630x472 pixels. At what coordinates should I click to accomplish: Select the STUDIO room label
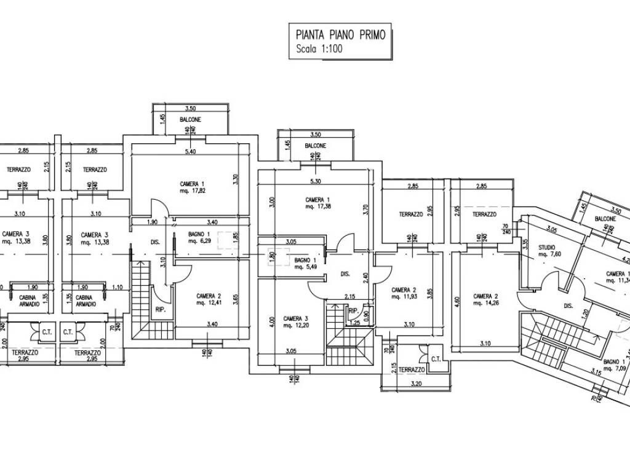pos(547,248)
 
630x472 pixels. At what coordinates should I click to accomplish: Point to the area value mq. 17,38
pos(317,207)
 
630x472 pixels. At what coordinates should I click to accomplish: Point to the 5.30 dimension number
pos(316,181)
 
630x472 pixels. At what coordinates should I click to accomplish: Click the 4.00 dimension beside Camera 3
pos(261,321)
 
